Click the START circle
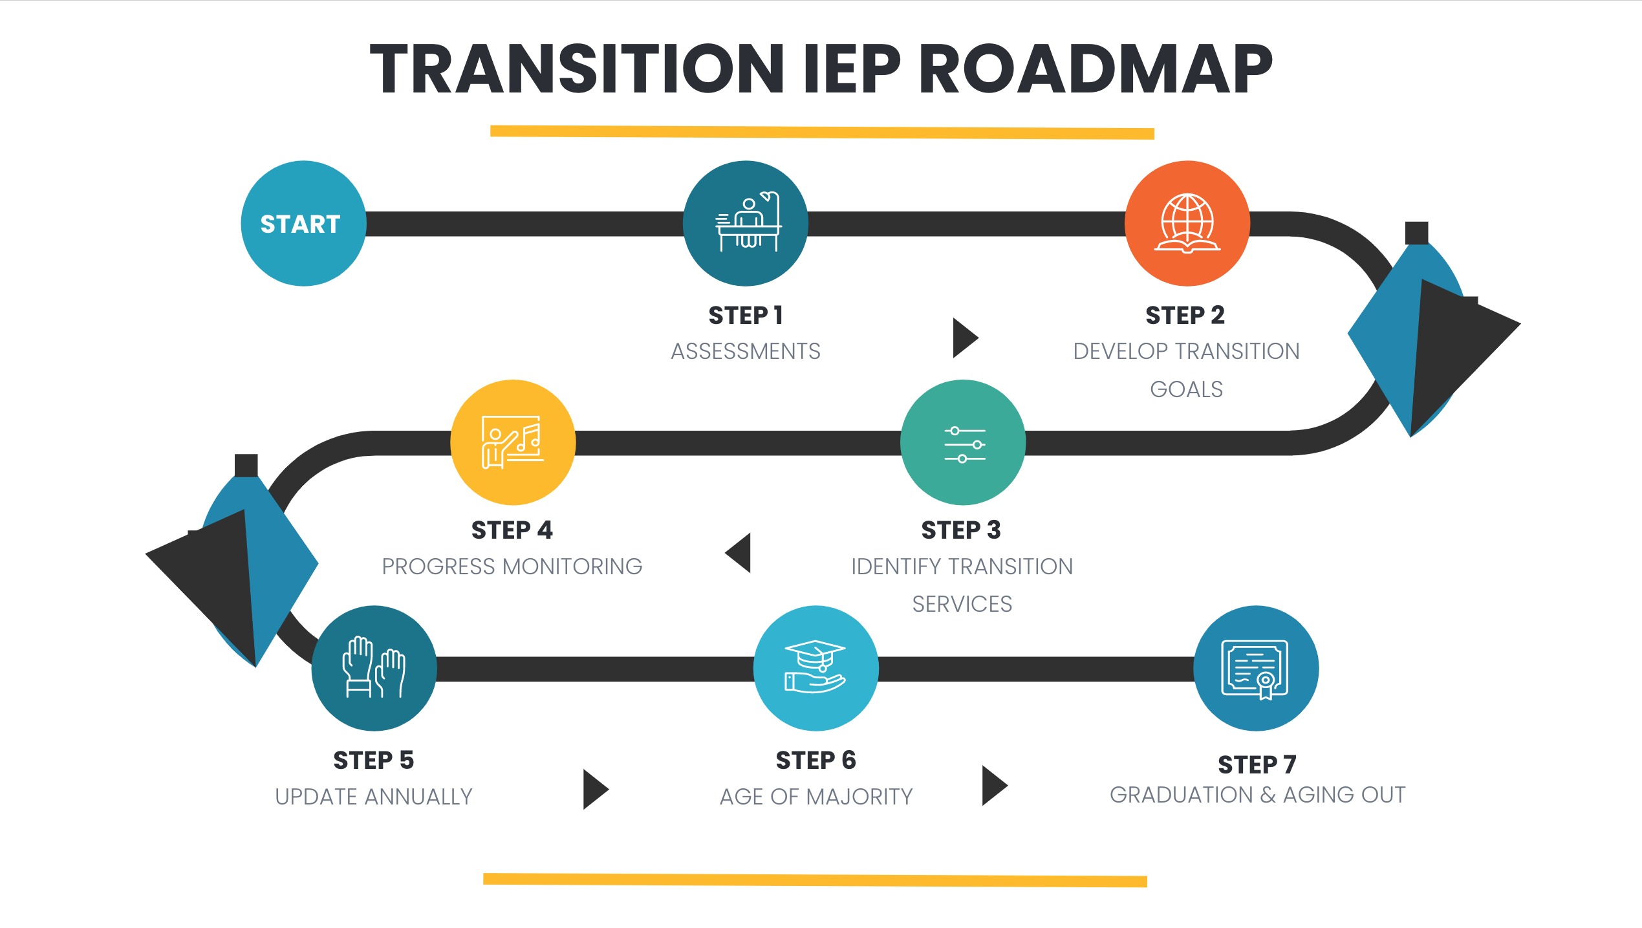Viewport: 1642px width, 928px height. coord(303,223)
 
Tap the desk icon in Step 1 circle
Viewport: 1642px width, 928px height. coord(748,221)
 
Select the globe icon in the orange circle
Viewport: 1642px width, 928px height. coord(1187,223)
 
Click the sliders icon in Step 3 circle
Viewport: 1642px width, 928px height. coord(964,444)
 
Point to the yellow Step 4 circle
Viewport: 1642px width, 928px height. coord(513,442)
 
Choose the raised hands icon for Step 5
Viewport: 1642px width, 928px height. coord(374,667)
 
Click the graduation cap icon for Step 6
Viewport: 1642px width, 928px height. coord(816,667)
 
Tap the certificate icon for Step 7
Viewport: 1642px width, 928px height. coord(1255,669)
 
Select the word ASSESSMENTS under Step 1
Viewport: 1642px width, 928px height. coord(746,351)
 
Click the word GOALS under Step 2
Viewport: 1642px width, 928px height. coord(1186,389)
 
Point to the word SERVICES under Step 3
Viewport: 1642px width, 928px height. coord(962,604)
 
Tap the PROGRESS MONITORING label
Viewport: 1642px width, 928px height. coord(512,567)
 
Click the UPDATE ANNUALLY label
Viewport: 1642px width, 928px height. coord(374,797)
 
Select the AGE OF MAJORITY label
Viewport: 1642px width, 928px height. coord(816,797)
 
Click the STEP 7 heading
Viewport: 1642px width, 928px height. coord(1257,764)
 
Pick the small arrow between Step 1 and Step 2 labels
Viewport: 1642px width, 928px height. coord(966,338)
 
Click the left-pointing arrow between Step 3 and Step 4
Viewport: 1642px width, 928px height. coord(738,553)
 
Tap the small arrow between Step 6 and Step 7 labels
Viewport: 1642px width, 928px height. coord(995,786)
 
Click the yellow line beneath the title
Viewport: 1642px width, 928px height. coord(822,133)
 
